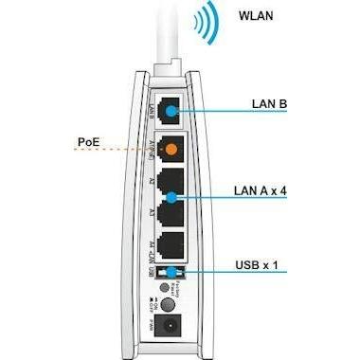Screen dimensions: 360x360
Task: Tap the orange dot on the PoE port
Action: click(171, 150)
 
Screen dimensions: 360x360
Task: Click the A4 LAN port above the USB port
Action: click(171, 243)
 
